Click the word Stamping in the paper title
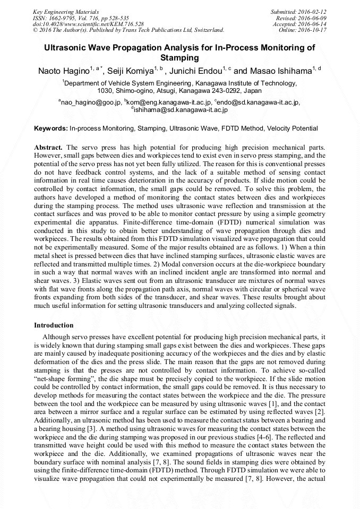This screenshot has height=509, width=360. tap(179, 57)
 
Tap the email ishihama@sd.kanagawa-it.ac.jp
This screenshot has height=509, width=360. tap(181, 110)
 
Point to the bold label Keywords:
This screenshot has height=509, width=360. tap(50, 128)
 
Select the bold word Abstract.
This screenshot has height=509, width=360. tap(48, 146)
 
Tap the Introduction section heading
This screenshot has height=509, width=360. tap(54, 325)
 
